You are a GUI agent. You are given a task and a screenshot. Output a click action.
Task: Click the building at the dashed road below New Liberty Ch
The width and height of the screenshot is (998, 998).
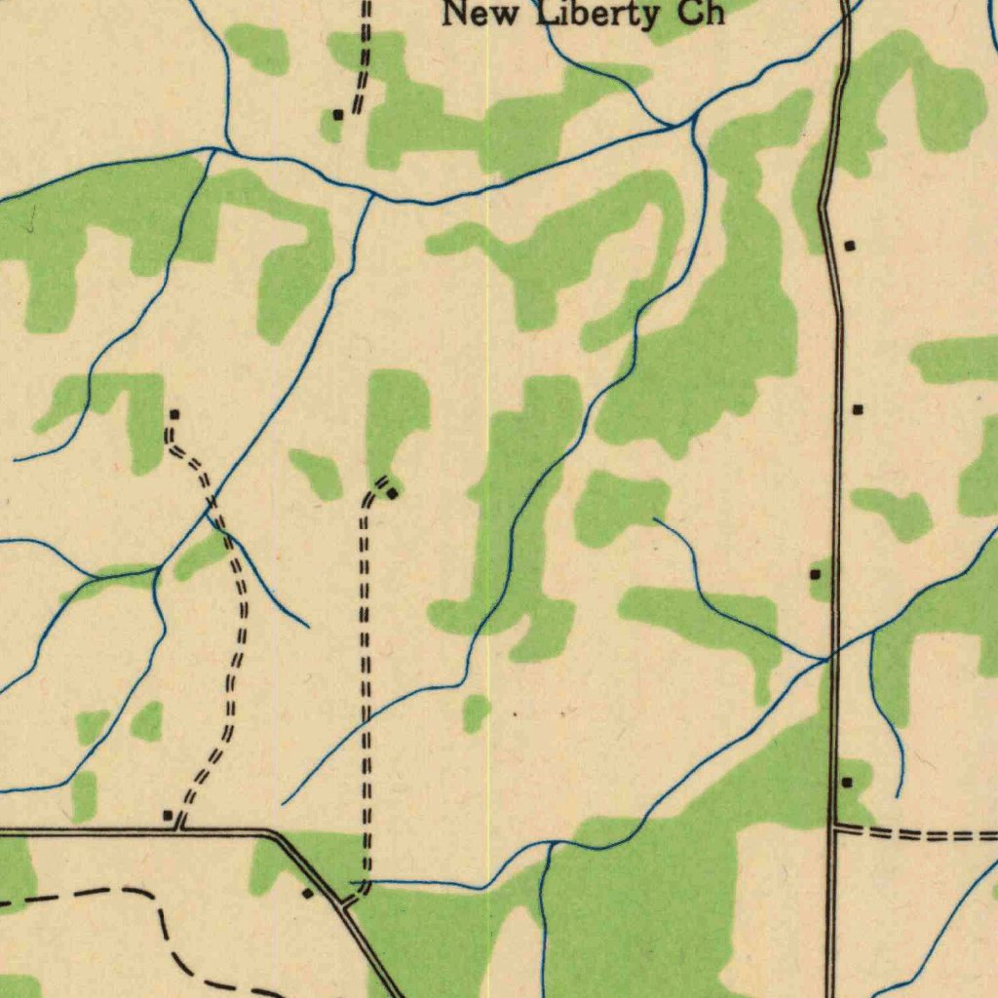point(338,115)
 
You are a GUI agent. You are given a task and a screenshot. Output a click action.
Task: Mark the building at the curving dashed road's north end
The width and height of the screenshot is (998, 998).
point(173,415)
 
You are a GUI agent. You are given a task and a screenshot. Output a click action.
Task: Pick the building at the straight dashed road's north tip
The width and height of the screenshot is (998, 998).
point(392,494)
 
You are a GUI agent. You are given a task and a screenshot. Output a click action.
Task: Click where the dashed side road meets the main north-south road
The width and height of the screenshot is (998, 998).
point(834,828)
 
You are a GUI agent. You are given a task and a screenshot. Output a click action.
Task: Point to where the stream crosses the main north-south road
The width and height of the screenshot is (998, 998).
point(828,660)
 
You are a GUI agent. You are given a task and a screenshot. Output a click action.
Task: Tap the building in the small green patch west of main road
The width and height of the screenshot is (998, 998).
point(816,575)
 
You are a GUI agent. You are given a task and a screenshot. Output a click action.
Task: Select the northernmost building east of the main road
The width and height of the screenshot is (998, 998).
point(850,246)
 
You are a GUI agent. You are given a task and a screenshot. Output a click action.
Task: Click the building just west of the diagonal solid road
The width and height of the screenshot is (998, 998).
point(307,893)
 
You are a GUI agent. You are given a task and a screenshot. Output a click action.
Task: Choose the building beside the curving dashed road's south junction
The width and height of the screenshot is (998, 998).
point(168,815)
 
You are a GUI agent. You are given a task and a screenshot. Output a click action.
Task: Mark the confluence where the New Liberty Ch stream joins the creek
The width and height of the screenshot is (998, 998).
point(693,121)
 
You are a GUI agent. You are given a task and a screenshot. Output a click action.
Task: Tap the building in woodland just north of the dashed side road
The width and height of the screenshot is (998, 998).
point(847,783)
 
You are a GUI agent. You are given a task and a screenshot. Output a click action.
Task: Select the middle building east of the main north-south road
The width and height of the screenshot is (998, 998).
point(858,410)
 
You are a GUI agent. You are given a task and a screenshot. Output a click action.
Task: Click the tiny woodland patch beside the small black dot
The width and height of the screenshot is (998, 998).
point(476,713)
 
